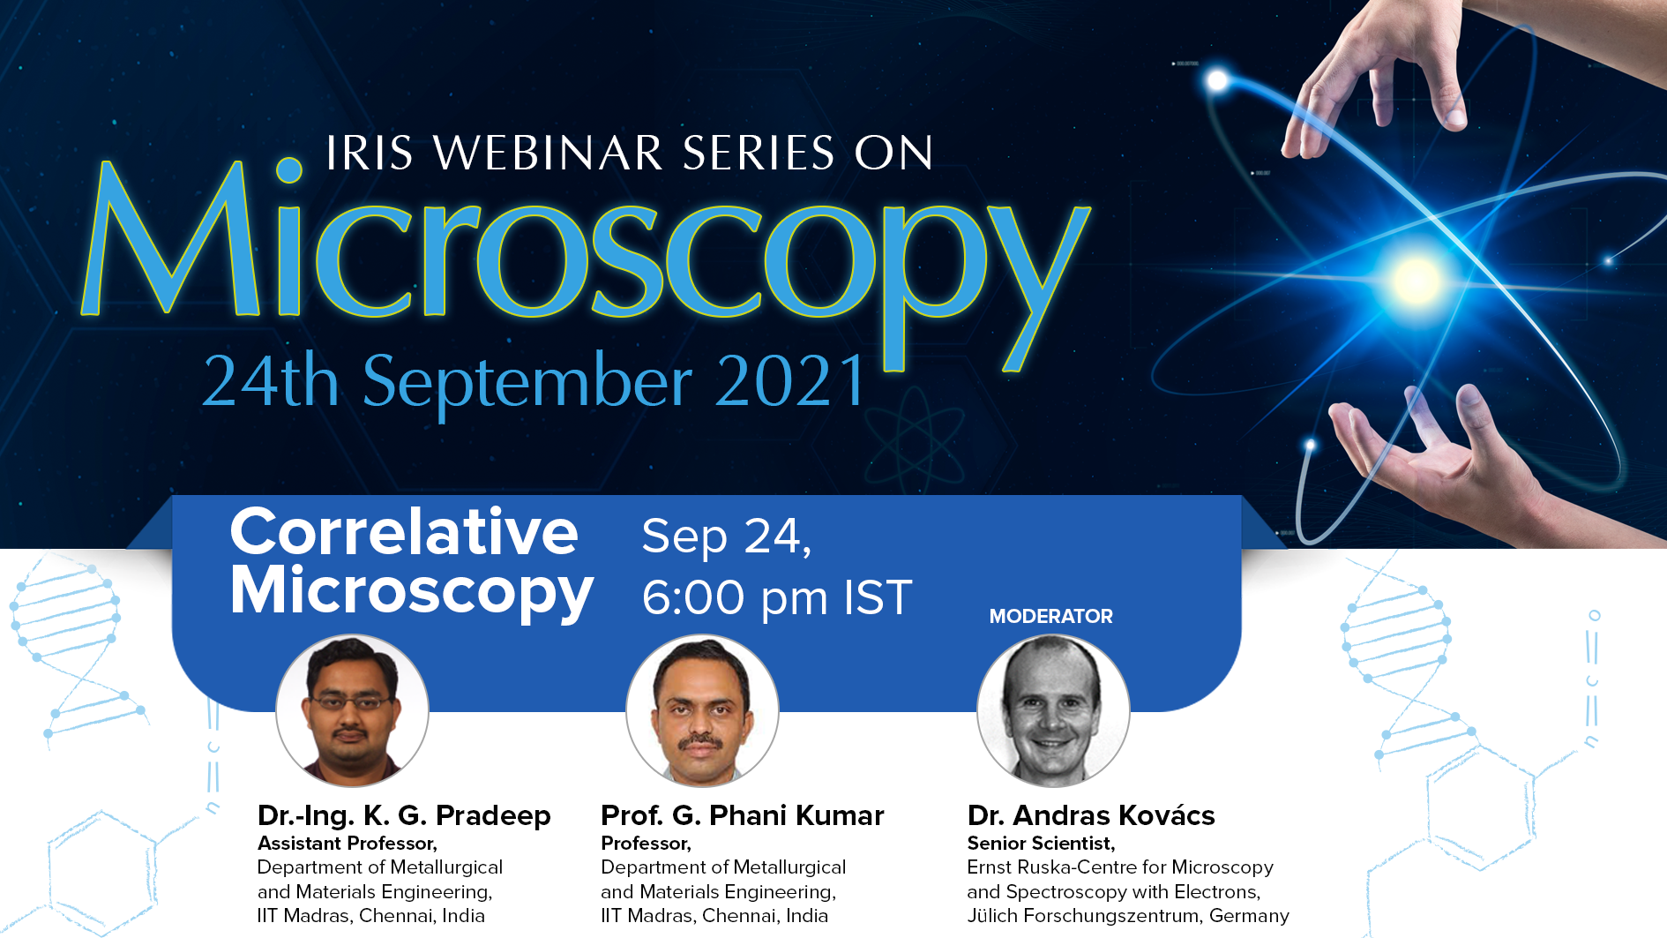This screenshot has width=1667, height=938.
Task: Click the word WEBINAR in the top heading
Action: click(548, 154)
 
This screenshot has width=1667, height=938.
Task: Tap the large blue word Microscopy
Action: click(586, 265)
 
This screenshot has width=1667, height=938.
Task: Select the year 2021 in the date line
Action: click(791, 381)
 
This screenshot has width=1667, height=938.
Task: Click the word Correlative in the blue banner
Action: click(404, 532)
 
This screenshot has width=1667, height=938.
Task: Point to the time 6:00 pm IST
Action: click(777, 597)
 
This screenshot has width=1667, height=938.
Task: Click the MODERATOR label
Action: click(1050, 616)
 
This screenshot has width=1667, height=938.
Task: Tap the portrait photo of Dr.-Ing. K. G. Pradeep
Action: click(352, 710)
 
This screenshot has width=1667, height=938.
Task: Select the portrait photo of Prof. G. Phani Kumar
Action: click(702, 710)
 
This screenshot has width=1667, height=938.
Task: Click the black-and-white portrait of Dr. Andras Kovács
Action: click(1053, 710)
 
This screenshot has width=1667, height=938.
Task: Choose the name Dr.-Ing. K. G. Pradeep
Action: click(404, 815)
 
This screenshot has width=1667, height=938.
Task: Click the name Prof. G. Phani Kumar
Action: click(742, 815)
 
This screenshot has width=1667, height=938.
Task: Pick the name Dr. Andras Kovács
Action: click(1091, 815)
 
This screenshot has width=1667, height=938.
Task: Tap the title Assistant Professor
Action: click(347, 844)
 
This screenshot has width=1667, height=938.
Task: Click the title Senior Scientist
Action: click(1041, 844)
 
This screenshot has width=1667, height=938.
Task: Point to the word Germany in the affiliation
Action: click(1249, 916)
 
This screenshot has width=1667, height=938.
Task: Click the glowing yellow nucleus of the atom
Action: click(1415, 281)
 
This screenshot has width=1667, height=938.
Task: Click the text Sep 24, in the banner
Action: click(726, 537)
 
